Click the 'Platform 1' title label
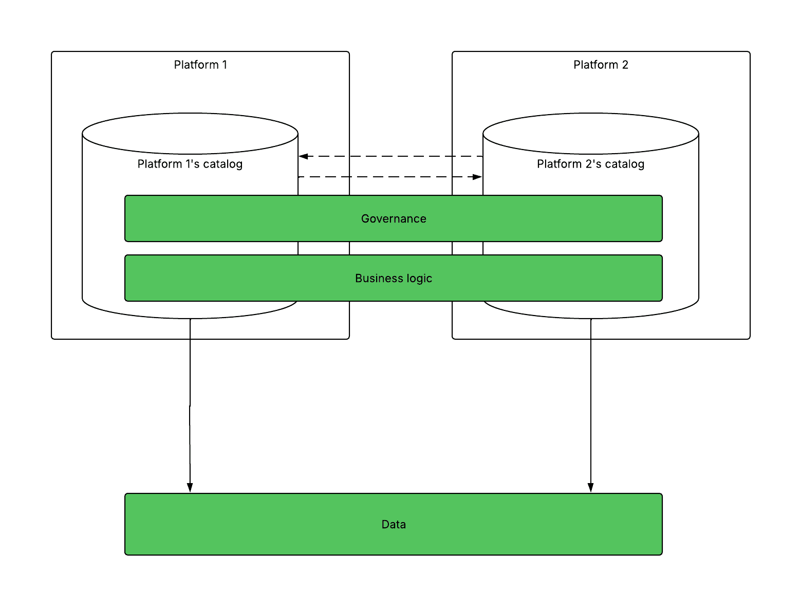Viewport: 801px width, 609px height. point(200,65)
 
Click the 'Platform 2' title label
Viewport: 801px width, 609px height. point(601,65)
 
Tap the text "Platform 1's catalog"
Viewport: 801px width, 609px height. point(190,164)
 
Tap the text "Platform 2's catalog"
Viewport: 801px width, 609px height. point(590,164)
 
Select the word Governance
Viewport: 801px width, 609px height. point(394,218)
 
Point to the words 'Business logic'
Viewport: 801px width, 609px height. point(394,279)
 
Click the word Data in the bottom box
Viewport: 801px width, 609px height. point(394,524)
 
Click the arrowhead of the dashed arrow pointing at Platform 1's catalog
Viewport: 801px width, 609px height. point(303,156)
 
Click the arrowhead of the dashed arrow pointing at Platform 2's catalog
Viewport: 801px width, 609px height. point(477,177)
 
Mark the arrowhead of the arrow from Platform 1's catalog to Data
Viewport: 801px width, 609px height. point(190,488)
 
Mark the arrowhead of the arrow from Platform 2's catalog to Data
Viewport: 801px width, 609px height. point(590,488)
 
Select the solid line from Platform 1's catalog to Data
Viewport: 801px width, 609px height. point(190,405)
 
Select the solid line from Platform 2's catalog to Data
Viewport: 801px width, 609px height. point(590,405)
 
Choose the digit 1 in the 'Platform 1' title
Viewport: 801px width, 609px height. point(225,65)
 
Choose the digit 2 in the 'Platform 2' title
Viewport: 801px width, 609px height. point(625,65)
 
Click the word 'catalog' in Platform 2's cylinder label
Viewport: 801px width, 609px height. point(624,164)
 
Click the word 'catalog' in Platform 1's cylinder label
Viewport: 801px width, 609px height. point(222,164)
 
